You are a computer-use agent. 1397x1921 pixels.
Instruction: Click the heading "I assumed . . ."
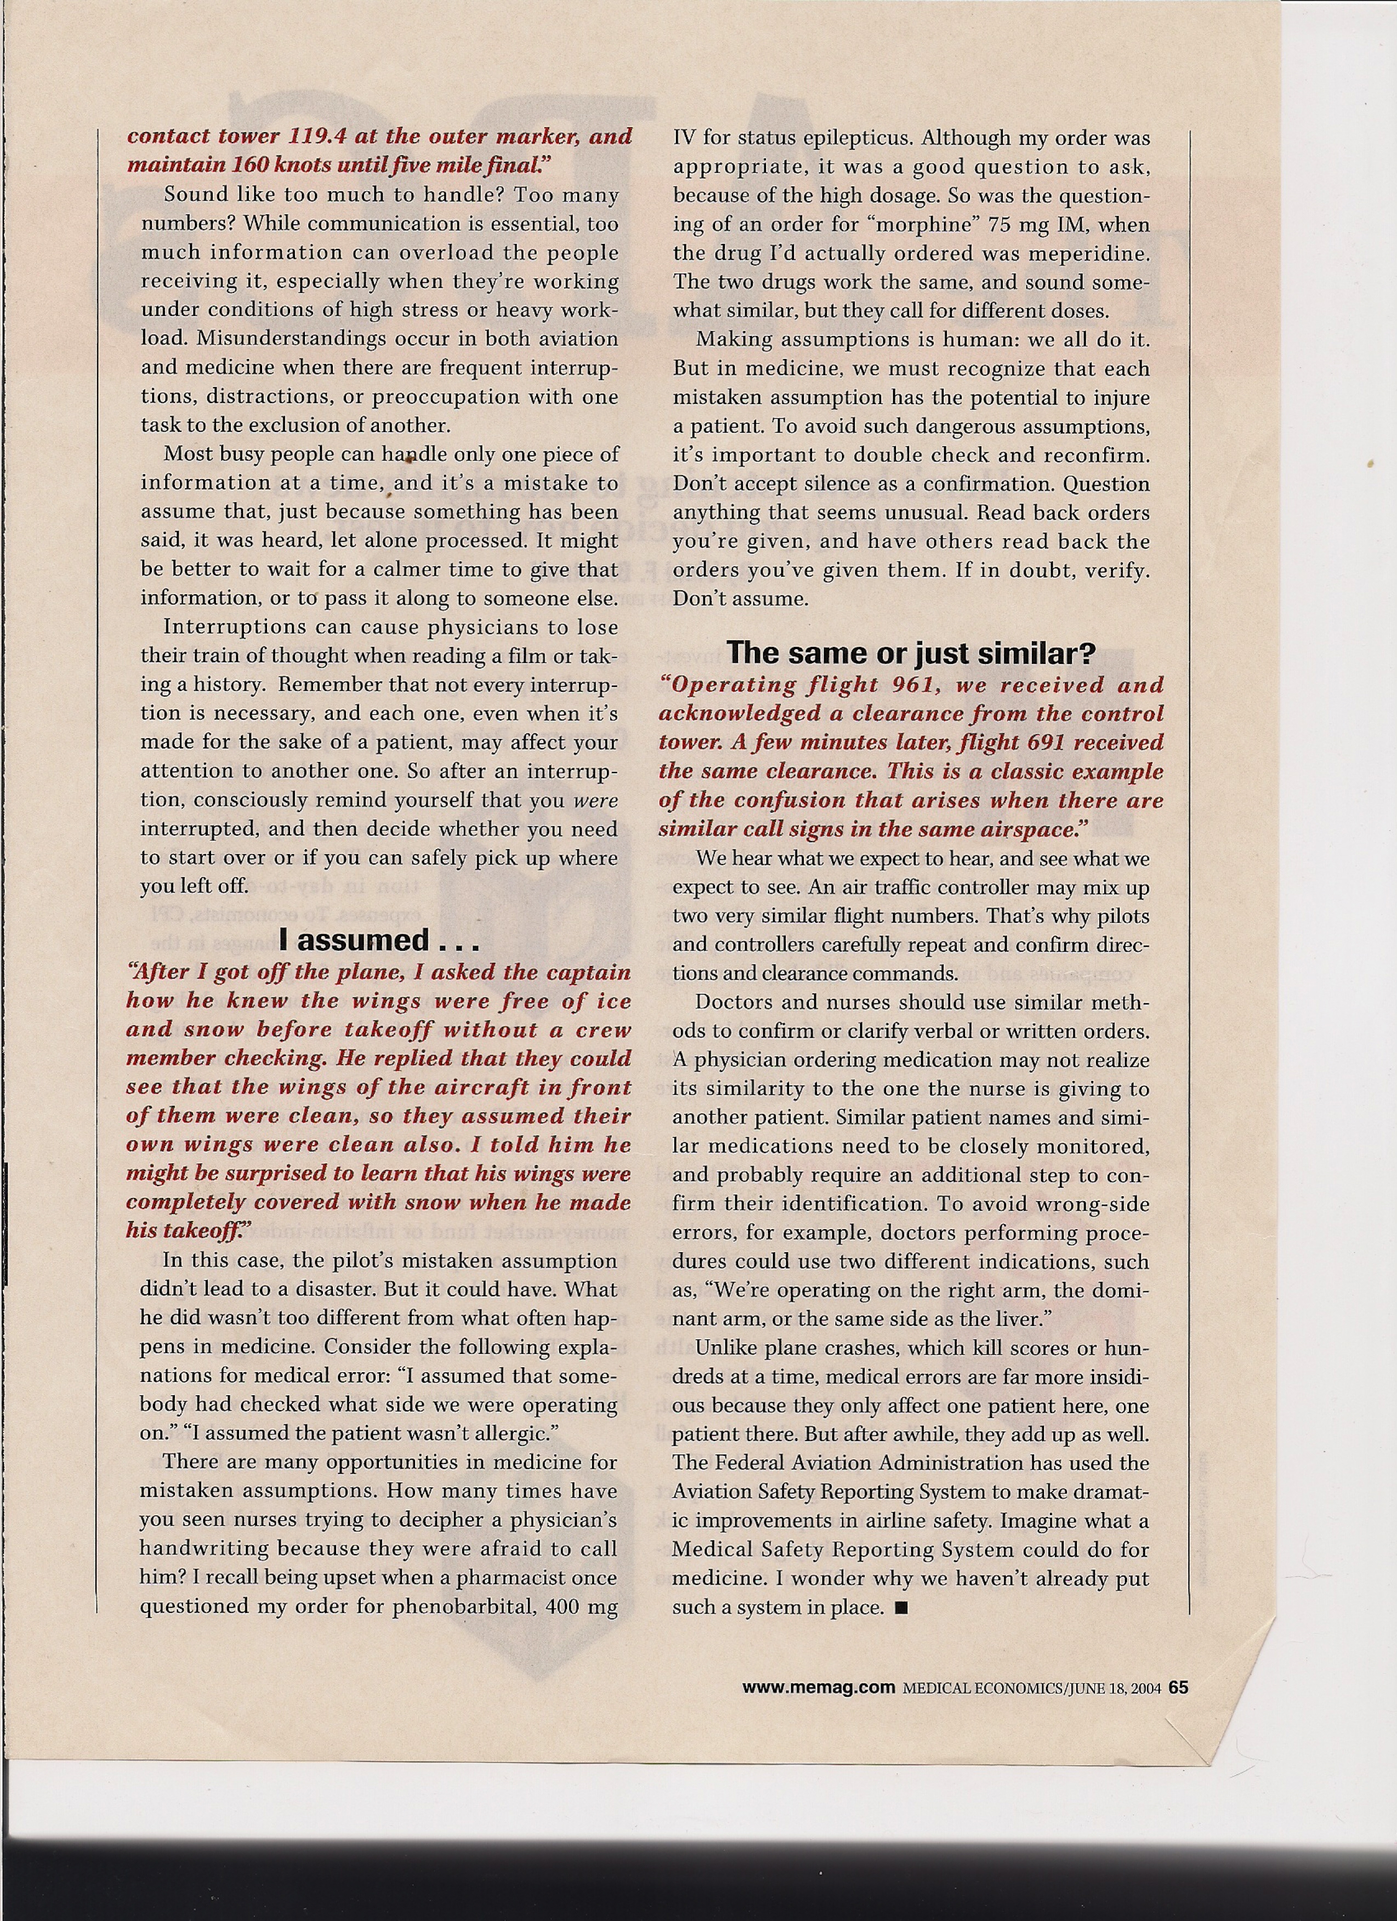coord(379,940)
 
